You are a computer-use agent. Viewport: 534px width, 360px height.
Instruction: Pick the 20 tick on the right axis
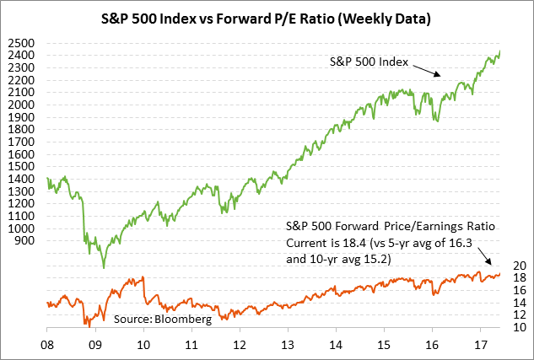[518, 266]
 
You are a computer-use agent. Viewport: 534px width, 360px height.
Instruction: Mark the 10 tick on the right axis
[518, 327]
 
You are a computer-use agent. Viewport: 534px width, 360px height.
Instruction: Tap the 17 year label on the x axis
[481, 345]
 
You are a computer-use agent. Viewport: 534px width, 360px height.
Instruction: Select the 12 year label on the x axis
[240, 345]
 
